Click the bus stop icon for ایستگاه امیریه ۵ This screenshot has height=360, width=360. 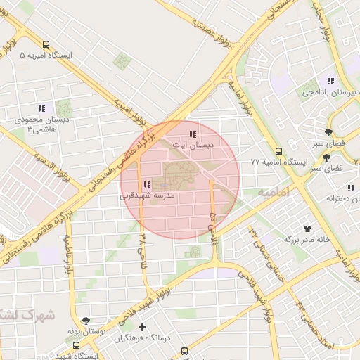(46, 44)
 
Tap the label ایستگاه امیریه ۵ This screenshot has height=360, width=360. (45, 55)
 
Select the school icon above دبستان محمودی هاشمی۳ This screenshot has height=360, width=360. (41, 108)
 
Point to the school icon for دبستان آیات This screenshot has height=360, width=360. (193, 134)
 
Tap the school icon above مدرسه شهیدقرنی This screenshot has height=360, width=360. (146, 185)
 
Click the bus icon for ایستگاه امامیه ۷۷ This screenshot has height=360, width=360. (279, 151)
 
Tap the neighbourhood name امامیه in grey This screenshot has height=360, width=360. (274, 191)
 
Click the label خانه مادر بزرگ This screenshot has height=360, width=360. (307, 239)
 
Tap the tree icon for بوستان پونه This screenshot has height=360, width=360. (86, 320)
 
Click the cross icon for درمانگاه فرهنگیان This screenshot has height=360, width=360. (143, 327)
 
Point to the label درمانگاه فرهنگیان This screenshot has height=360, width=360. (143, 338)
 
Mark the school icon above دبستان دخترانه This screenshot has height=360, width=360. (350, 188)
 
